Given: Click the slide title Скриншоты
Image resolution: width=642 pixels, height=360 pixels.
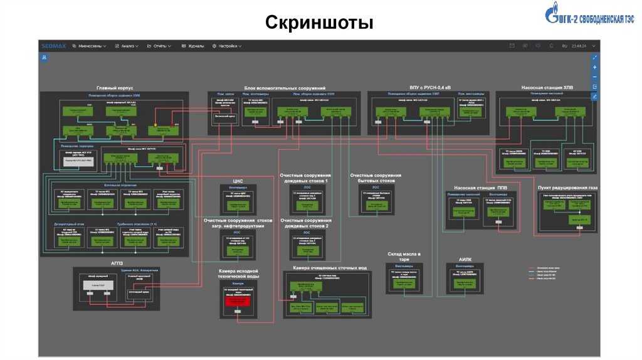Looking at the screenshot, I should [x=319, y=23].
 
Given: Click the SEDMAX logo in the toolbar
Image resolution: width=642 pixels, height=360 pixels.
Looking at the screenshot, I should [x=53, y=46].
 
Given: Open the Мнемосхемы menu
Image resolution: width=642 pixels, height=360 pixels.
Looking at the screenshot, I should [x=89, y=46].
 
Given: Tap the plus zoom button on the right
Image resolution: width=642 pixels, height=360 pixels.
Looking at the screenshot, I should [x=595, y=67].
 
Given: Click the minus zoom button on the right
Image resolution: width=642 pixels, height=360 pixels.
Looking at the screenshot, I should [x=595, y=77].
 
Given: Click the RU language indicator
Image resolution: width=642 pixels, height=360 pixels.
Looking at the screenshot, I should [x=564, y=46].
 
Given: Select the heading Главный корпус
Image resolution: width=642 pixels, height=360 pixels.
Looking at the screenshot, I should [x=114, y=88].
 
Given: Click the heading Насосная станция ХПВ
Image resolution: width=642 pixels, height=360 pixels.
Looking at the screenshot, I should [x=547, y=88].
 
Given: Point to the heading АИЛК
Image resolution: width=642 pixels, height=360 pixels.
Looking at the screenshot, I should [x=465, y=258].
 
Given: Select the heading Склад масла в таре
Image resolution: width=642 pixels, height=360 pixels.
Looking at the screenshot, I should [x=403, y=255].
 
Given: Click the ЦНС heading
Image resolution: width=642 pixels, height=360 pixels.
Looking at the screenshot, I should [x=238, y=179].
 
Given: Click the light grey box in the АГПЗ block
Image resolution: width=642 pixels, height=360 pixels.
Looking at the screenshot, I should [x=98, y=285].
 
